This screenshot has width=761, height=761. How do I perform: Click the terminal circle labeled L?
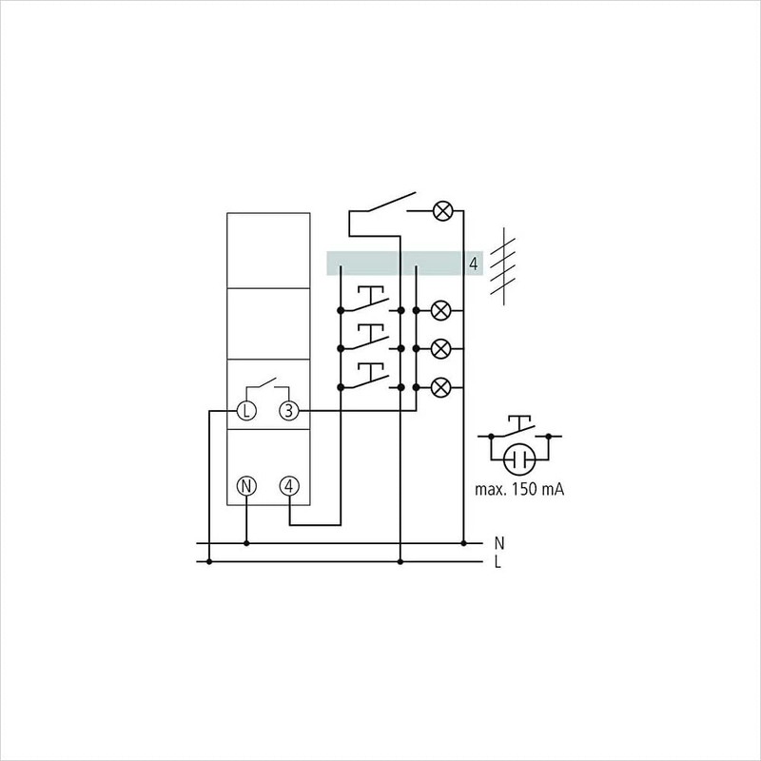(x=246, y=411)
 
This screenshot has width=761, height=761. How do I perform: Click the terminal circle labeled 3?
(x=289, y=411)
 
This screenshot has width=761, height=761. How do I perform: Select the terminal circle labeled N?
(x=246, y=486)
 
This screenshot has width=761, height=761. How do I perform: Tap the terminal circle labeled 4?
(x=289, y=486)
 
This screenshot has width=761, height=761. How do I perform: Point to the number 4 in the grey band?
(x=473, y=263)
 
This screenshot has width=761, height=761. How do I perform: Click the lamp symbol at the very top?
(x=441, y=211)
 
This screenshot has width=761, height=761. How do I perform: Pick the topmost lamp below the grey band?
(x=441, y=310)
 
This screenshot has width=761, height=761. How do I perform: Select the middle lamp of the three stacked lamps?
(x=441, y=349)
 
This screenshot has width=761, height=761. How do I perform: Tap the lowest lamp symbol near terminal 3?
(x=441, y=387)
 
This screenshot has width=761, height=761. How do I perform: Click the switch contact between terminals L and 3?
(x=267, y=387)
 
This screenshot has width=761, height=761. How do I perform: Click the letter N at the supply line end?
(x=499, y=543)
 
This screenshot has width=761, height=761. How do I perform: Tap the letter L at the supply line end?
(x=499, y=562)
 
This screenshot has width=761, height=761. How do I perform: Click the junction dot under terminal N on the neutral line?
(x=246, y=544)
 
